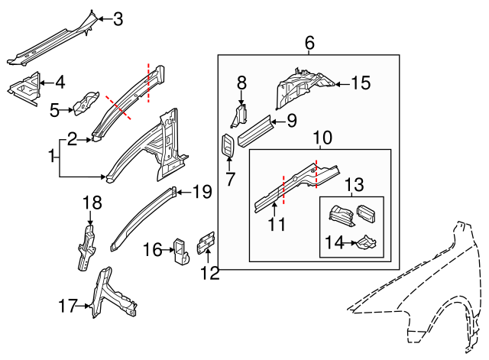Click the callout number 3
(118, 18)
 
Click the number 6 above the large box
(309, 43)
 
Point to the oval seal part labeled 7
(228, 146)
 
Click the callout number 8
(241, 83)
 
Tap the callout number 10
(322, 138)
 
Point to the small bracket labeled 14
(367, 243)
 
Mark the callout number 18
(92, 203)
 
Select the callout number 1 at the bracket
(53, 157)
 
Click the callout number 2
(73, 138)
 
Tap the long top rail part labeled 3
(50, 46)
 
